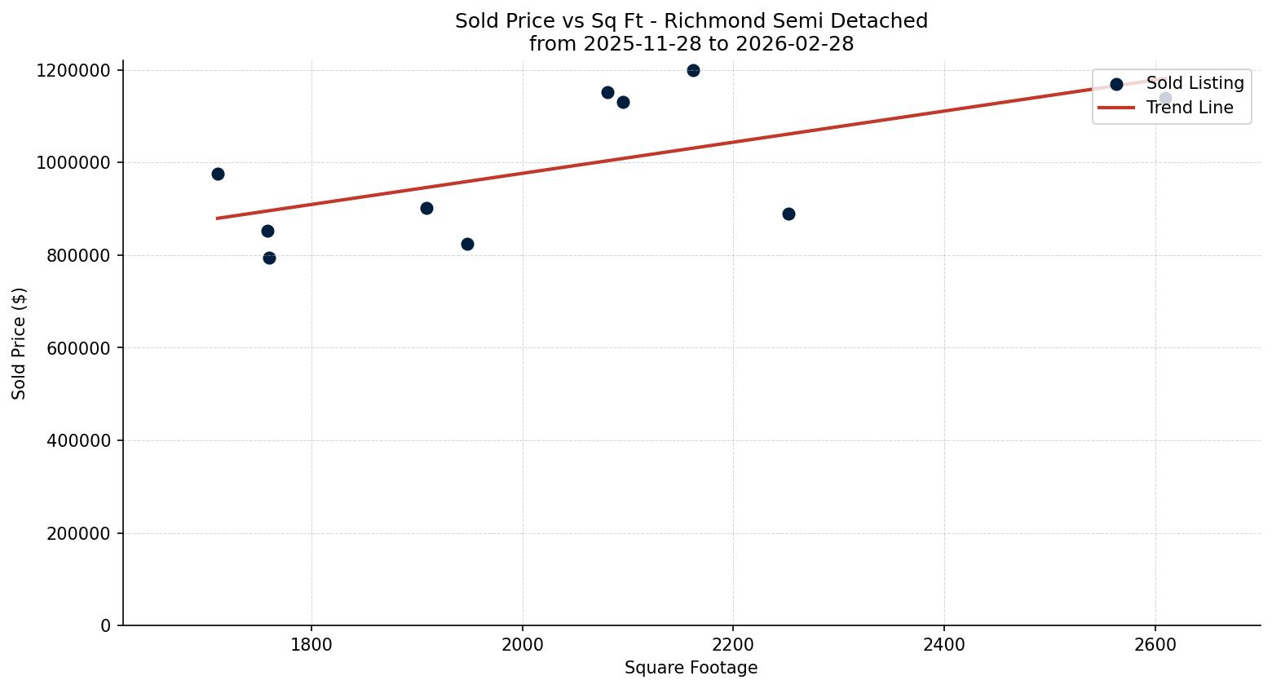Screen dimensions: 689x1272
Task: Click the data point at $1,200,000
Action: pyautogui.click(x=693, y=70)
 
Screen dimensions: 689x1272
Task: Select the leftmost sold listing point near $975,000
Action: pyautogui.click(x=218, y=174)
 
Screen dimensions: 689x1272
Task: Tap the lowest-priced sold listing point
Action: pyautogui.click(x=269, y=258)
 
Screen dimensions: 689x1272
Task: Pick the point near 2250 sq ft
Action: pyautogui.click(x=788, y=214)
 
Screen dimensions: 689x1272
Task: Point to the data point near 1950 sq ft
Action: pyautogui.click(x=467, y=244)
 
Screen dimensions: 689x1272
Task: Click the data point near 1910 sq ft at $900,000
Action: pyautogui.click(x=426, y=208)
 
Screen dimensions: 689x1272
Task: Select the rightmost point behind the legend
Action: pyautogui.click(x=1165, y=99)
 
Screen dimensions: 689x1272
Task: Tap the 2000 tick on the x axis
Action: pyautogui.click(x=522, y=644)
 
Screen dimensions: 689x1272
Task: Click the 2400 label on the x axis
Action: pyautogui.click(x=944, y=644)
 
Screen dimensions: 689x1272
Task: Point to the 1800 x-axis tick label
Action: pyautogui.click(x=311, y=644)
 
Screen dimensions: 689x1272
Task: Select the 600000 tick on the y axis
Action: pyautogui.click(x=74, y=348)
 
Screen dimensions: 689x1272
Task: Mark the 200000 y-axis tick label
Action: pyautogui.click(x=74, y=533)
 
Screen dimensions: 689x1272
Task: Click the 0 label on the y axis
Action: pyautogui.click(x=106, y=625)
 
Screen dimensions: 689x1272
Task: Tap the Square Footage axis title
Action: pyautogui.click(x=691, y=668)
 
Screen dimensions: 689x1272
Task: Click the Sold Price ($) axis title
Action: pyautogui.click(x=20, y=343)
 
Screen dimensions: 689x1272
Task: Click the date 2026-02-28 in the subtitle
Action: pyautogui.click(x=794, y=44)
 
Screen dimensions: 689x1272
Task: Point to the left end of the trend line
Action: pyautogui.click(x=218, y=218)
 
